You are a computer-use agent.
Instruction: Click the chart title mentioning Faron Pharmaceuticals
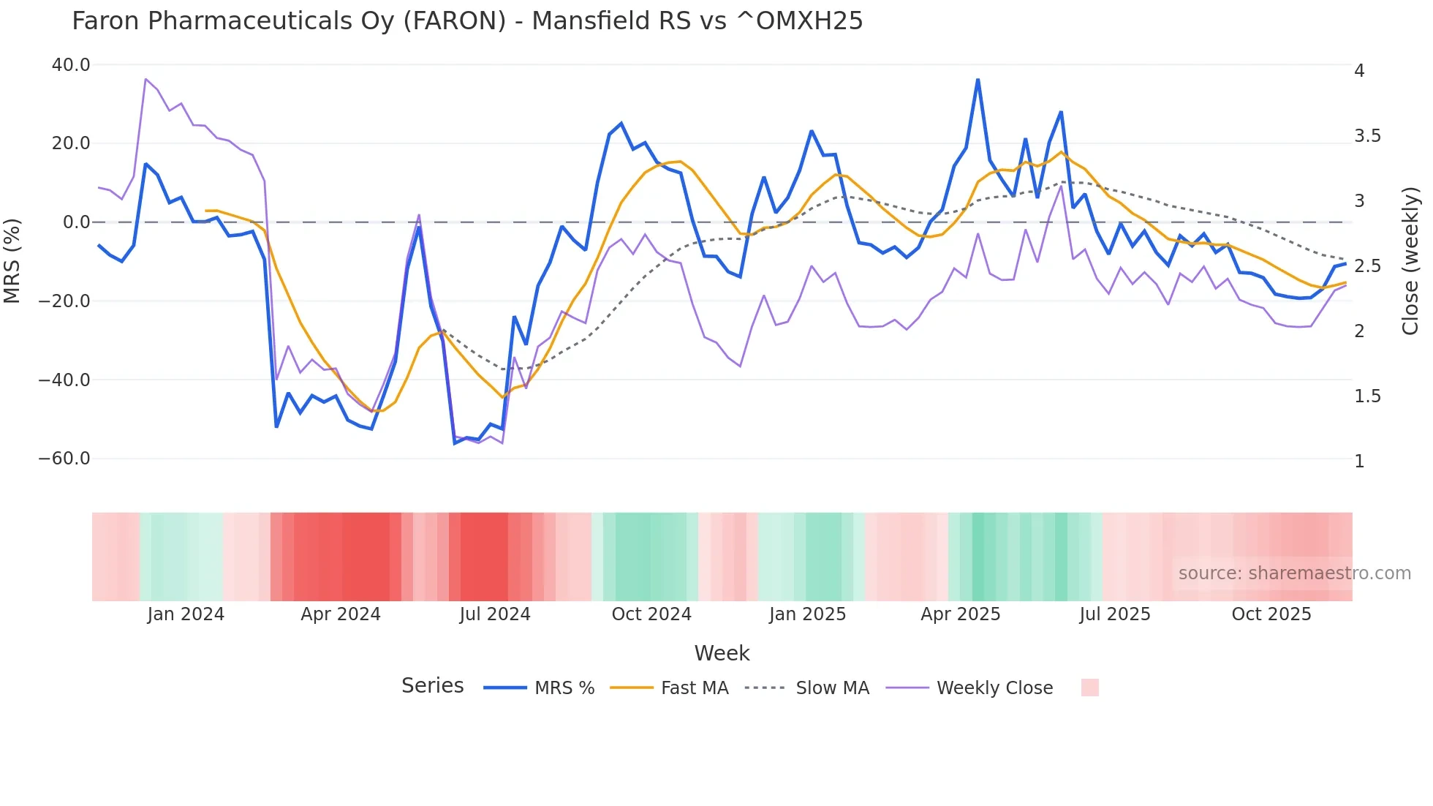467,21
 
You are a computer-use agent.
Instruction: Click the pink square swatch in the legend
1089,688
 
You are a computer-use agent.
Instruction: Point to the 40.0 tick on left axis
71,65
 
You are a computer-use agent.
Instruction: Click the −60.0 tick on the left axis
64,459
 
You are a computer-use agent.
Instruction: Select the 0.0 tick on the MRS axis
76,222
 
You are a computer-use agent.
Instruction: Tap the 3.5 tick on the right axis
1367,136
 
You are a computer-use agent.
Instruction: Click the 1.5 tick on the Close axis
1367,396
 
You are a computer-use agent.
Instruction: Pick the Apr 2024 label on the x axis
341,614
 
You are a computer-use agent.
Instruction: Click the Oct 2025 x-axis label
1271,614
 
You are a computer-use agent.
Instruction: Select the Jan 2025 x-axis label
807,614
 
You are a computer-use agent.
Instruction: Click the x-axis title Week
722,653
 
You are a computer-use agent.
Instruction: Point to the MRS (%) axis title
12,260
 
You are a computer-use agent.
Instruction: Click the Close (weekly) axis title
1410,260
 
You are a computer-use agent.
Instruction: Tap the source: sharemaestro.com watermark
1294,573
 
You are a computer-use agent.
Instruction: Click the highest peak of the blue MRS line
978,80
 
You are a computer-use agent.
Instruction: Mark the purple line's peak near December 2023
145,79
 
